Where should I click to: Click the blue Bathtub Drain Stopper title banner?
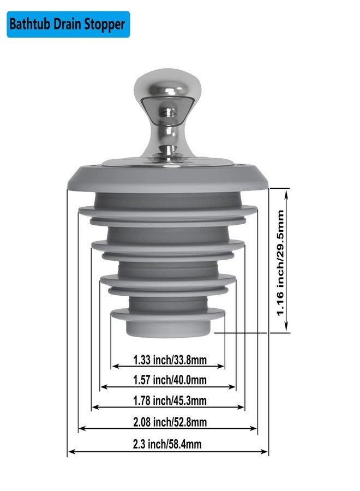(x=68, y=25)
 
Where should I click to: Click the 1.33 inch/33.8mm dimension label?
(x=170, y=360)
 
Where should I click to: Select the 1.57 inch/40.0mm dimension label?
(x=170, y=380)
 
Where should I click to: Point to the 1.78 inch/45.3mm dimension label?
(x=170, y=400)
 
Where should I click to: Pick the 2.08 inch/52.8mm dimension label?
(x=170, y=422)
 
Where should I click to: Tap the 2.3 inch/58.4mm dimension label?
(x=167, y=444)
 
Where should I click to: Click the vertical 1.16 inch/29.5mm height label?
(x=280, y=263)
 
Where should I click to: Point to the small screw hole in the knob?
(x=169, y=111)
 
